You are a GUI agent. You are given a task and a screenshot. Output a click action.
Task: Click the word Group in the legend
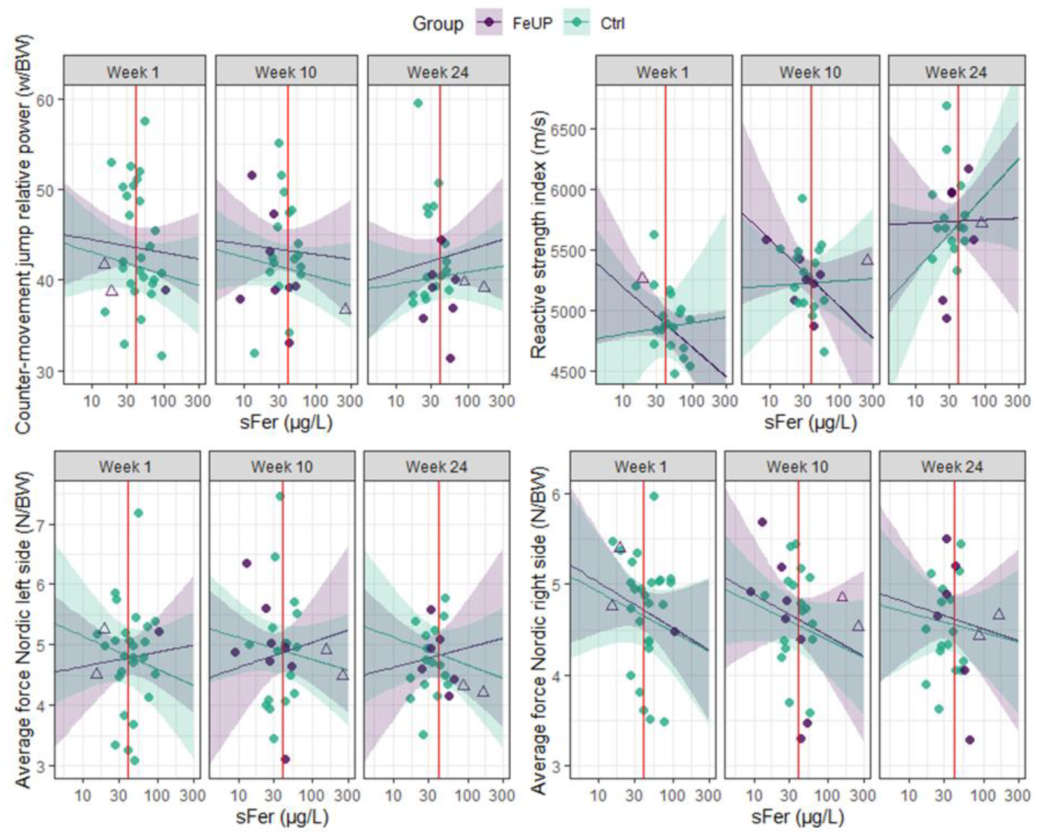click(x=437, y=24)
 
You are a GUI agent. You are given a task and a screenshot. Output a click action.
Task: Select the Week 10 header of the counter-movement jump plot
click(x=285, y=71)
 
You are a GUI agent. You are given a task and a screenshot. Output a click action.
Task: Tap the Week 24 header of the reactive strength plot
click(x=956, y=71)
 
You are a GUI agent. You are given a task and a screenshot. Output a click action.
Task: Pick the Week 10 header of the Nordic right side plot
click(x=797, y=467)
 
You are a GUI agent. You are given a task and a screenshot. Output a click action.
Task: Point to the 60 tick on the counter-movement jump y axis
click(x=48, y=99)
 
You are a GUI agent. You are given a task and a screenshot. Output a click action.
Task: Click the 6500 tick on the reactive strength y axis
click(x=570, y=129)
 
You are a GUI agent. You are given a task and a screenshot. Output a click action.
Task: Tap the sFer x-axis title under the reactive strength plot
click(x=810, y=422)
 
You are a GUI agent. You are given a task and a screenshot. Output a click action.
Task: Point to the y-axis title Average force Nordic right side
click(x=539, y=630)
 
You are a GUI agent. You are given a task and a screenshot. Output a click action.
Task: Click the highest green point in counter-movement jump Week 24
click(x=418, y=103)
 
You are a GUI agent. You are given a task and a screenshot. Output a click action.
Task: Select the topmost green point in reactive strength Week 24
click(x=947, y=106)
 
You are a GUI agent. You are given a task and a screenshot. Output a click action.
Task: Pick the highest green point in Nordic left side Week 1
click(x=138, y=513)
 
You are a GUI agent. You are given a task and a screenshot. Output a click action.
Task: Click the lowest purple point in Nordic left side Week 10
click(x=285, y=759)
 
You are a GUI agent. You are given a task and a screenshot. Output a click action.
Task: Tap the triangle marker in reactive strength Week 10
click(x=867, y=260)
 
